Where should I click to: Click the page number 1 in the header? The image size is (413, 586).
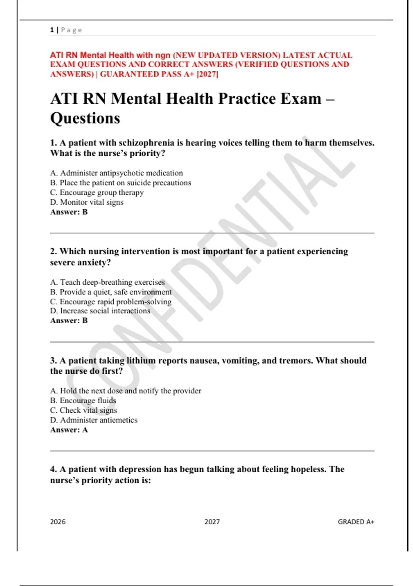coord(52,30)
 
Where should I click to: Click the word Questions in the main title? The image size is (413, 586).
coord(85,118)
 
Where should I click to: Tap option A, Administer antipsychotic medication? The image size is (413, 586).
coord(117,173)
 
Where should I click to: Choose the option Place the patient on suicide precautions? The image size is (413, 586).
coord(120,183)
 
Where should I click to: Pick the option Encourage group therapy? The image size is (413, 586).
coord(97,192)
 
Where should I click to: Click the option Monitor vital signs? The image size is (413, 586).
coord(87,202)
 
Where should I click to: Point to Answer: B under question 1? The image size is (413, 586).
coord(69,212)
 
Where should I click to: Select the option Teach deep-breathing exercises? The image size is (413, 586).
coord(107,282)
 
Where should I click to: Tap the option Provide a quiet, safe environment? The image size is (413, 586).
coord(111,292)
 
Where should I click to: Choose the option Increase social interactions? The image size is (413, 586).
coord(100,311)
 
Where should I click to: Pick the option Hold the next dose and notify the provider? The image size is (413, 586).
coord(126,391)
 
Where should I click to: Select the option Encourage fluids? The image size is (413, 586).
coord(83,401)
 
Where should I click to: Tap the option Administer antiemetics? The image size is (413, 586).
coord(94,420)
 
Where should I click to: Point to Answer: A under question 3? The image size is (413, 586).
coord(69,430)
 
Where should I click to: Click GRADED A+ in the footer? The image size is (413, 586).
coord(356,522)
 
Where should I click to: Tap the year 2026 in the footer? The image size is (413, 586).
coord(58,522)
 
